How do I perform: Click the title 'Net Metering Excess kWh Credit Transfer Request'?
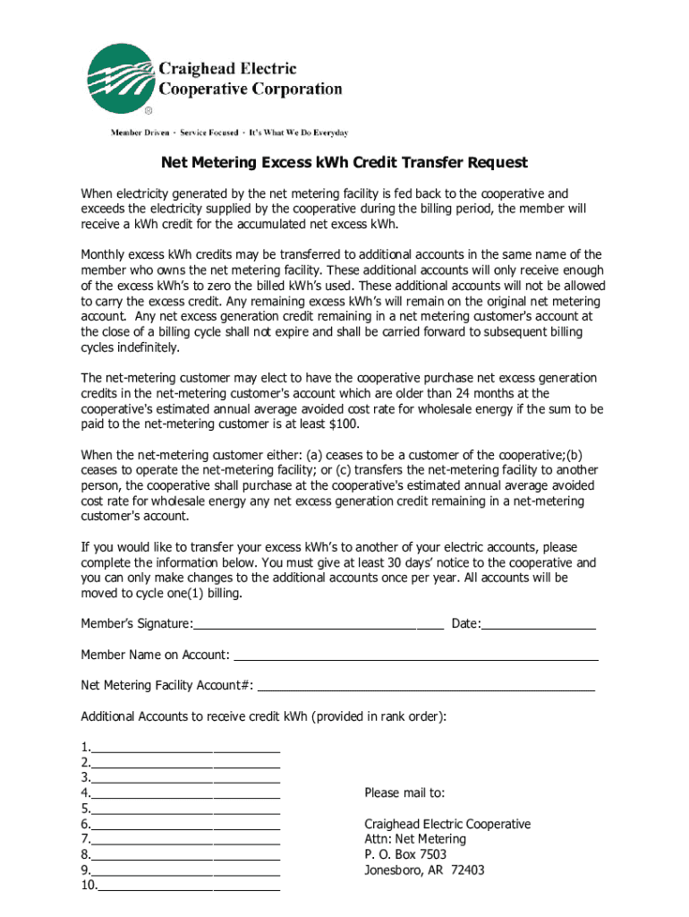coord(344,163)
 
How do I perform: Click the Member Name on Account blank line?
coord(416,656)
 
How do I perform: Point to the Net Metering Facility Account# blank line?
coord(426,686)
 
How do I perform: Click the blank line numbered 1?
coord(185,749)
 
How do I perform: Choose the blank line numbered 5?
coord(185,810)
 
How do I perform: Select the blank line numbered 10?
coord(189,887)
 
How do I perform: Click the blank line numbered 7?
coord(185,840)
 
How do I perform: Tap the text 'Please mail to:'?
coord(404,793)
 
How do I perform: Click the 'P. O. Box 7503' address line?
coord(405,855)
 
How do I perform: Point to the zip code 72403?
coord(468,870)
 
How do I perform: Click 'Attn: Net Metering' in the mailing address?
coord(415,840)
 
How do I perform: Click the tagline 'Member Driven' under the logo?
coord(141,133)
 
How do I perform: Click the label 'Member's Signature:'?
coord(137,624)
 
